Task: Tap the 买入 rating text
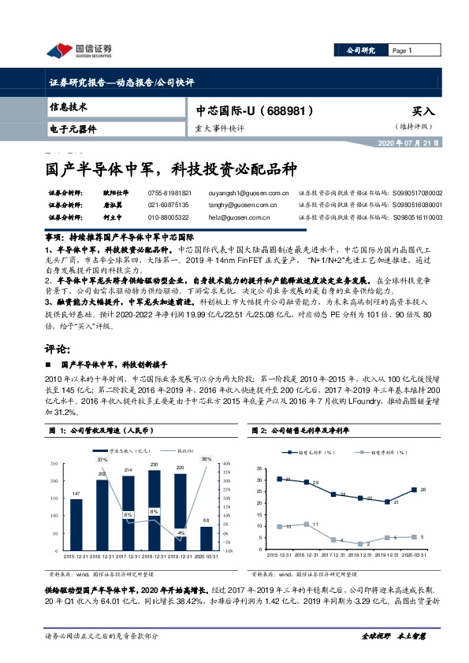423,113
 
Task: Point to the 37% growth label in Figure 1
102,458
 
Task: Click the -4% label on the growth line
181,534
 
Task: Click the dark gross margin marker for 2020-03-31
414,490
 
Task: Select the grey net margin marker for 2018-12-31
359,543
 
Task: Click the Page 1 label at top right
403,50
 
